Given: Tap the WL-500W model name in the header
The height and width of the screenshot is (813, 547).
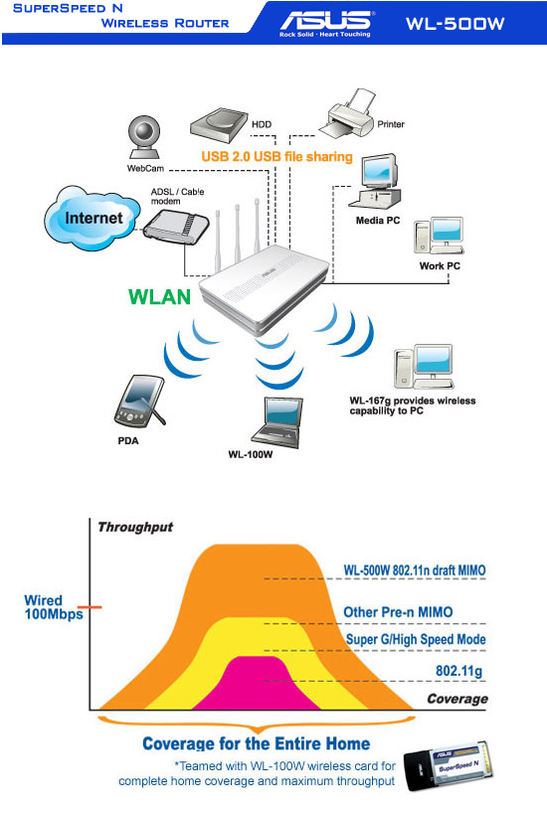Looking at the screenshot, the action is point(456,23).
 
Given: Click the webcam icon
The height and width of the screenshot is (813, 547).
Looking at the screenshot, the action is point(145,137).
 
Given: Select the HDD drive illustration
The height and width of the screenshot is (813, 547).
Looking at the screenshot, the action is point(219,125).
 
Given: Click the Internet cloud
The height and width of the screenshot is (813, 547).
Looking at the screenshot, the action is point(91,218).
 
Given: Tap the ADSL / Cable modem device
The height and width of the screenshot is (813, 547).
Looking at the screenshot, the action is point(176,227).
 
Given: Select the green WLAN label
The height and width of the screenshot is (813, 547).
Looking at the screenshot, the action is point(160,296).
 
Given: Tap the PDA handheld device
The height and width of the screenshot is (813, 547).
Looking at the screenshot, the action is point(138,401).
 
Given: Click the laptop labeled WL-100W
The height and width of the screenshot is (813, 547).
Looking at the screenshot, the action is point(276,422).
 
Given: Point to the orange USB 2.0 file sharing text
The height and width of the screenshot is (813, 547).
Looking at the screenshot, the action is point(276,157).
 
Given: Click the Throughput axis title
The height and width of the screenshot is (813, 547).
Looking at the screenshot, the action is point(135,527).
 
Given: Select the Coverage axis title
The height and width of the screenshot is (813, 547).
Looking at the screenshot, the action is point(457,699).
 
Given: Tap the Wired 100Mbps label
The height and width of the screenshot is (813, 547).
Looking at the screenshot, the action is point(54,607).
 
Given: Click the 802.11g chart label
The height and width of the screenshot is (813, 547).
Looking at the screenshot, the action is point(458,671).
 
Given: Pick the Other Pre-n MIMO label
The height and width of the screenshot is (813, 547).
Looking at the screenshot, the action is point(398,612).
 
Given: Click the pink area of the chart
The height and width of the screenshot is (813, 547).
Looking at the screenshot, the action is point(257,686).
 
